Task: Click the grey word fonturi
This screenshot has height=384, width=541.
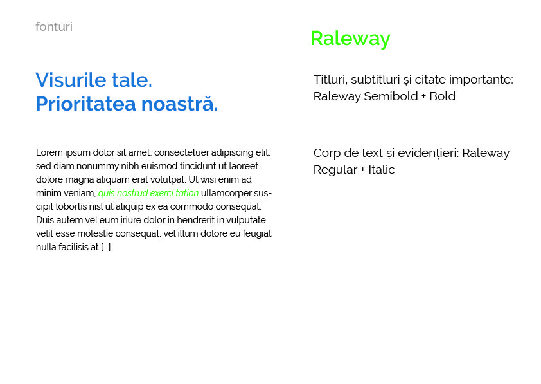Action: (x=54, y=26)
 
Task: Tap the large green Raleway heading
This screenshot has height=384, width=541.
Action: (x=350, y=39)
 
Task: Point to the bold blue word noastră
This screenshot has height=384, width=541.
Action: (x=179, y=104)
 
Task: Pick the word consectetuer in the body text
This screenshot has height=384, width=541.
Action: (x=181, y=152)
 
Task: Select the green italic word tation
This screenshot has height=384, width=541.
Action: (x=187, y=193)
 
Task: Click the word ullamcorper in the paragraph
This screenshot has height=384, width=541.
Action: (x=226, y=193)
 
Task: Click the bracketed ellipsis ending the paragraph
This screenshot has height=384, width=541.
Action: (x=105, y=247)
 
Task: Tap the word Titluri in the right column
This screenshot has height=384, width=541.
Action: (x=330, y=80)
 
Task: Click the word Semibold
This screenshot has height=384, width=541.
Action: (x=391, y=96)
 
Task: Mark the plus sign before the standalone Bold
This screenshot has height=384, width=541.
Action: (x=423, y=96)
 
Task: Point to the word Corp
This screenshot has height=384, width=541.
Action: (x=327, y=153)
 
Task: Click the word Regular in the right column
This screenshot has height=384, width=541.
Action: (x=335, y=170)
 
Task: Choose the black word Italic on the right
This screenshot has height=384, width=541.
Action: (x=381, y=170)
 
